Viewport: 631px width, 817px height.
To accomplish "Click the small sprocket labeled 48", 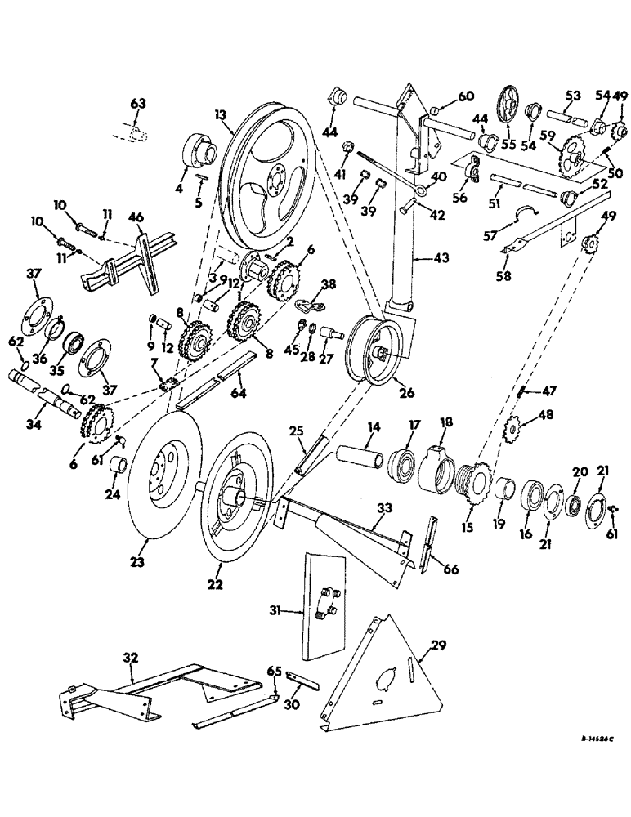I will pyautogui.click(x=514, y=426).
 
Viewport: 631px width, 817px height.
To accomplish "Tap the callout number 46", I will pyautogui.click(x=137, y=217).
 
